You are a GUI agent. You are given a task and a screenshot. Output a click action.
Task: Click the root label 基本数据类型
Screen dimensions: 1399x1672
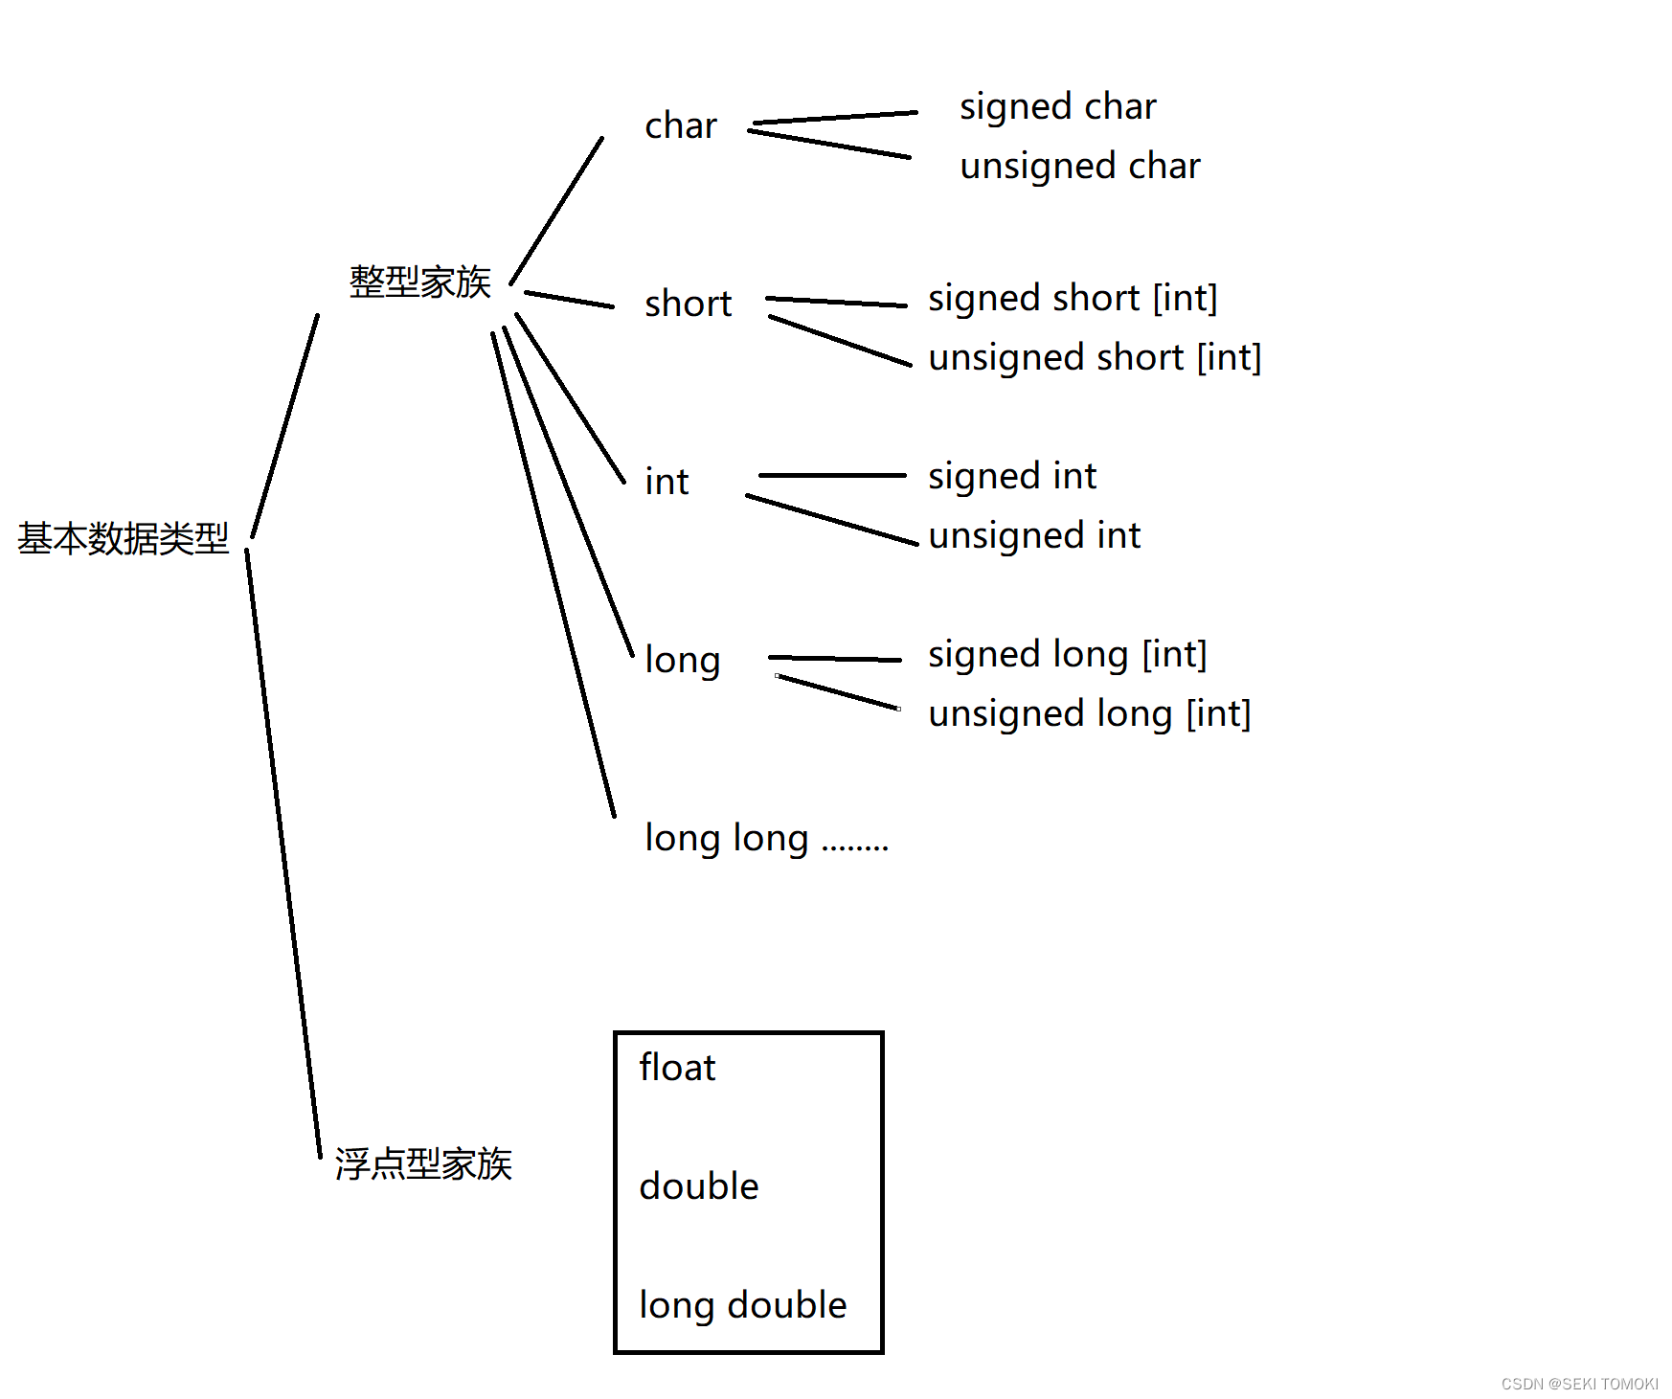click(124, 539)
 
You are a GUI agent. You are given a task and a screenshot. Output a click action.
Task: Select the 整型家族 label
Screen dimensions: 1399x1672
click(419, 282)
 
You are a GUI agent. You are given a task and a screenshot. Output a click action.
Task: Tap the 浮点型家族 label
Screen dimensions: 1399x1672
click(423, 1164)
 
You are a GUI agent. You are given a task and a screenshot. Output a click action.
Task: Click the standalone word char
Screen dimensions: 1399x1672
click(680, 125)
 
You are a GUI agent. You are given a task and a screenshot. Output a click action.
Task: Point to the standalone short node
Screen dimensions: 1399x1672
click(688, 304)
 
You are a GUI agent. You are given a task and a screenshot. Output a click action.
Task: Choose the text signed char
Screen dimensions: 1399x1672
click(1057, 106)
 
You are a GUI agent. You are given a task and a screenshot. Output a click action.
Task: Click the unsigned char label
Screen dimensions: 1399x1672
click(1079, 166)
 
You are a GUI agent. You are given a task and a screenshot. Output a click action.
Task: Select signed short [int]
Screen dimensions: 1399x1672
click(1073, 298)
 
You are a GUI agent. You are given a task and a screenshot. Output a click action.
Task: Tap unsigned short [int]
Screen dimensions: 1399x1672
click(1095, 357)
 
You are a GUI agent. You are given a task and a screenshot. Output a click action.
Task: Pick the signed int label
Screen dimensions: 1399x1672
click(1012, 476)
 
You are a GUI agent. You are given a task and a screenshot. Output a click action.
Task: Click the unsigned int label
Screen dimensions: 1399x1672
click(1034, 535)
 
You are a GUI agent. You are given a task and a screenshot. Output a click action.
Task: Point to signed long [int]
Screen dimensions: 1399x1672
click(1067, 654)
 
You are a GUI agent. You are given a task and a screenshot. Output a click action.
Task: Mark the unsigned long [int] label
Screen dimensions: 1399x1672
click(1089, 713)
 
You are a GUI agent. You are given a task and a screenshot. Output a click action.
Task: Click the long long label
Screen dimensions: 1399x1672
click(727, 838)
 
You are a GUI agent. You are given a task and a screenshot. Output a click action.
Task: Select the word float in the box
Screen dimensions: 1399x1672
click(677, 1068)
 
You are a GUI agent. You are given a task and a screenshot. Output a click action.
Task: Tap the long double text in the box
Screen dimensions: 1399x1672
click(742, 1305)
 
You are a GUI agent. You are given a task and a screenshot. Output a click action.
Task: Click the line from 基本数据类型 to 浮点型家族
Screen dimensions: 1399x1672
click(283, 852)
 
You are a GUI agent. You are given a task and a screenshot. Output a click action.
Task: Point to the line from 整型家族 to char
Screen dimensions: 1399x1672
click(557, 211)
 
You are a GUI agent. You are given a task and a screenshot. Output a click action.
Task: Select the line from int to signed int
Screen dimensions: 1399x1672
click(831, 475)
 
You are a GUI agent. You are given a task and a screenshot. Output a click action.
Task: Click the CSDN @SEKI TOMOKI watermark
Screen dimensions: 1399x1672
click(1579, 1384)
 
